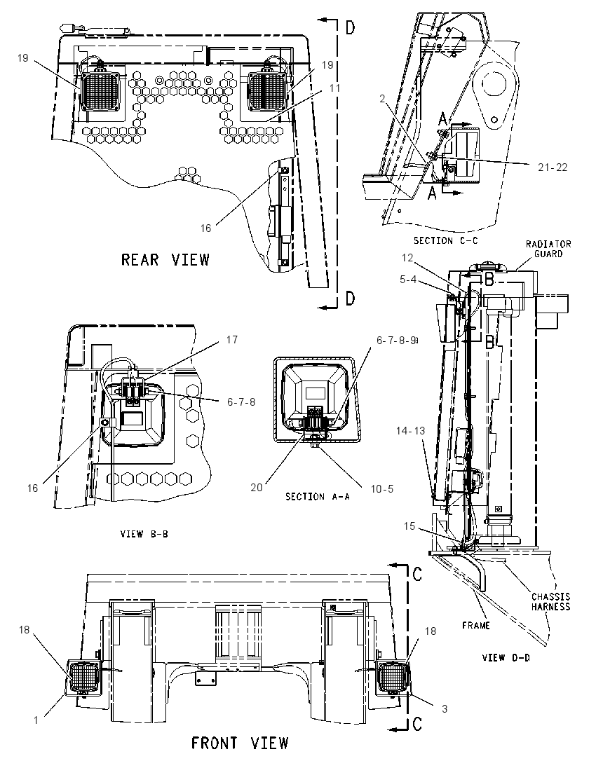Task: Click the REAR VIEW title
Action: pos(165,259)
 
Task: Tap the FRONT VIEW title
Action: pos(240,743)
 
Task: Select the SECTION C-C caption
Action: pos(445,240)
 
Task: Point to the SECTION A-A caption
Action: pos(318,497)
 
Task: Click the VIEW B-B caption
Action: pos(144,534)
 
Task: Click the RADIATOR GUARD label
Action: pos(548,248)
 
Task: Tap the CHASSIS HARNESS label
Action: pos(551,601)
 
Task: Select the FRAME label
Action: pos(476,626)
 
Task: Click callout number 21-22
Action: pos(553,167)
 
